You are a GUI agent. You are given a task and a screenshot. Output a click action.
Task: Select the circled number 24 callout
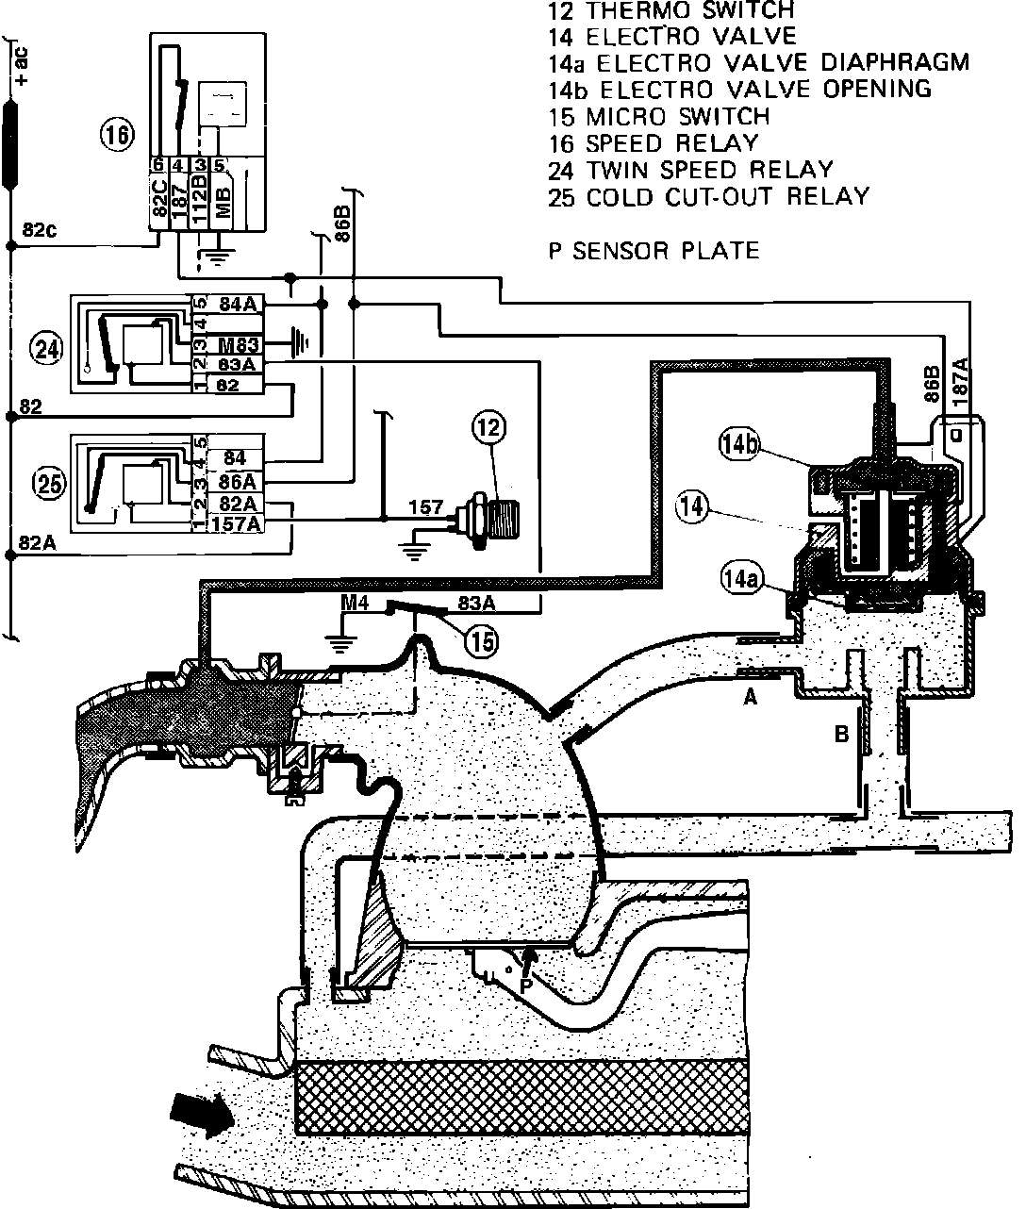point(45,349)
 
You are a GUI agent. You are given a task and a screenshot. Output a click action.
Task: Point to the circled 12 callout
point(490,430)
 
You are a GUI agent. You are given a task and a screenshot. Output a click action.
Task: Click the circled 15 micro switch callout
point(482,641)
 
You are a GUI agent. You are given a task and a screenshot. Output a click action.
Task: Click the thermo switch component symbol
point(490,518)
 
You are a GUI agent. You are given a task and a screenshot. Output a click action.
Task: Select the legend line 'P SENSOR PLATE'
point(653,251)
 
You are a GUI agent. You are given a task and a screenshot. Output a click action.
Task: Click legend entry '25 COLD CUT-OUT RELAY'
point(707,197)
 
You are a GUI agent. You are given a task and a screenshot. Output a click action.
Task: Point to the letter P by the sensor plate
point(525,984)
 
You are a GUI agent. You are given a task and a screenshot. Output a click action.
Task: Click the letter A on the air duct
point(751,696)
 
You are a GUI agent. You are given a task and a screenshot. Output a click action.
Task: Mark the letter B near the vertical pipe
point(841,733)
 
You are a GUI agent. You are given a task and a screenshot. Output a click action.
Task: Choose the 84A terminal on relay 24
point(238,305)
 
